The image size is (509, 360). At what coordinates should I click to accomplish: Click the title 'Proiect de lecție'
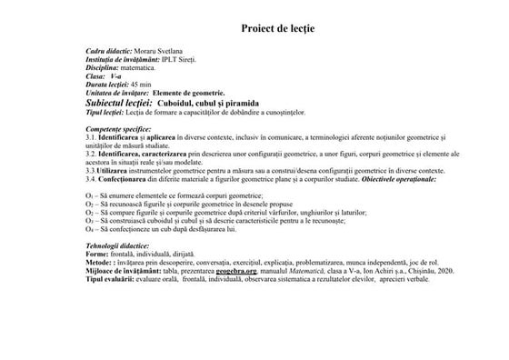[x=277, y=28]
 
